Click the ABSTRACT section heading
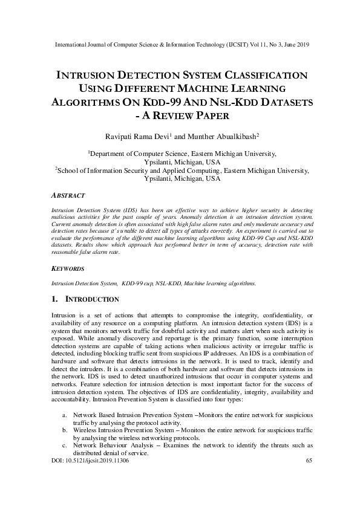[68, 196]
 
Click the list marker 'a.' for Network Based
[64, 417]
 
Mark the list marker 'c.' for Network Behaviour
[64, 446]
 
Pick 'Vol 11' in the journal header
[257, 45]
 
